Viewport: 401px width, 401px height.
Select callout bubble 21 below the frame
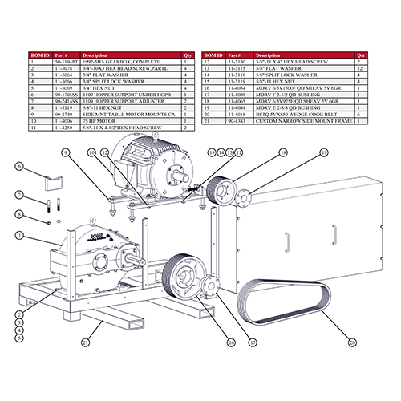(86, 344)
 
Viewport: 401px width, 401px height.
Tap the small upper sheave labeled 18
(216, 193)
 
